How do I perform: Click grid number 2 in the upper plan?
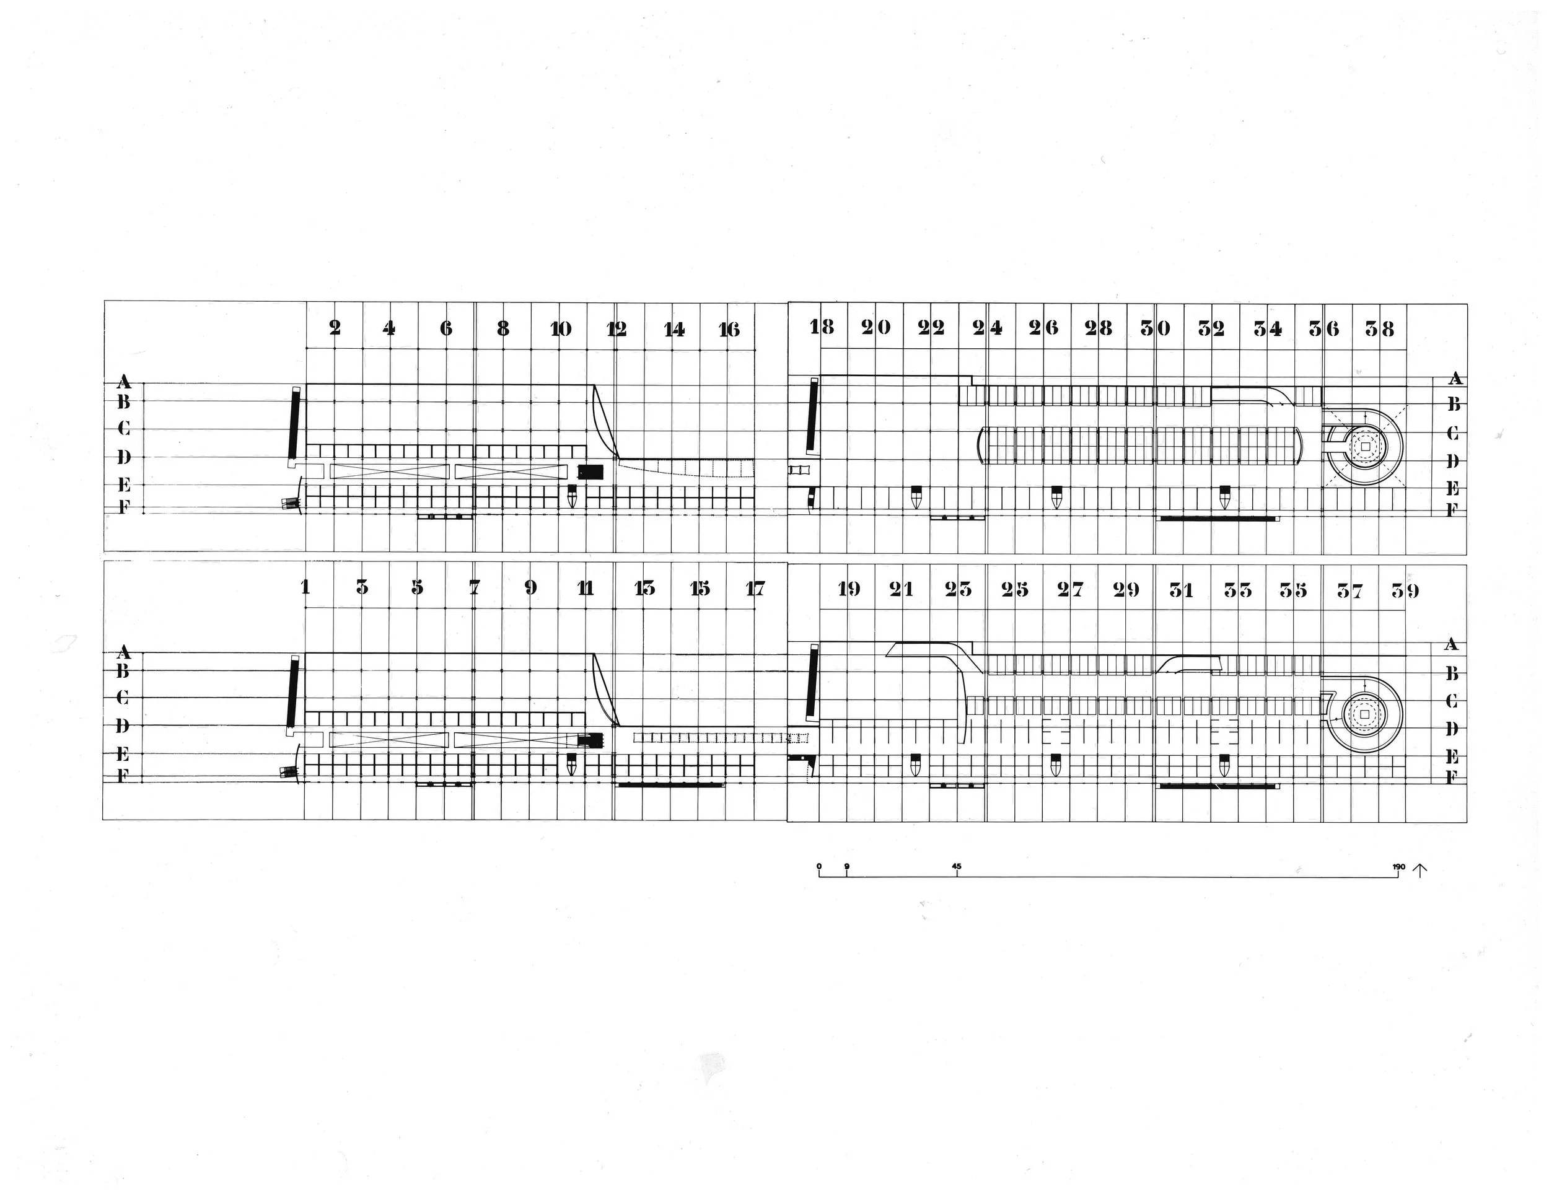(x=335, y=328)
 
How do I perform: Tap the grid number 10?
(x=560, y=328)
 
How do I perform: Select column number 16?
(x=729, y=329)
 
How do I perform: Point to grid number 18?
(x=822, y=327)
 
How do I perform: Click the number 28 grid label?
(x=1099, y=328)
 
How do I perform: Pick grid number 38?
(x=1379, y=328)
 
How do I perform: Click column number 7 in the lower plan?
(x=475, y=587)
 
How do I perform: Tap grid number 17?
(x=755, y=588)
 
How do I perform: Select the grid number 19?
(x=849, y=589)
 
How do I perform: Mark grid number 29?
(x=1126, y=589)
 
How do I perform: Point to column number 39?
(x=1405, y=590)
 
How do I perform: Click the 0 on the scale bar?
(x=819, y=866)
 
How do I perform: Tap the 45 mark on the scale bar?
(x=957, y=866)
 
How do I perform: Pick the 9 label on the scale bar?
(x=847, y=866)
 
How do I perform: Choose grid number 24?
(x=986, y=328)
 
